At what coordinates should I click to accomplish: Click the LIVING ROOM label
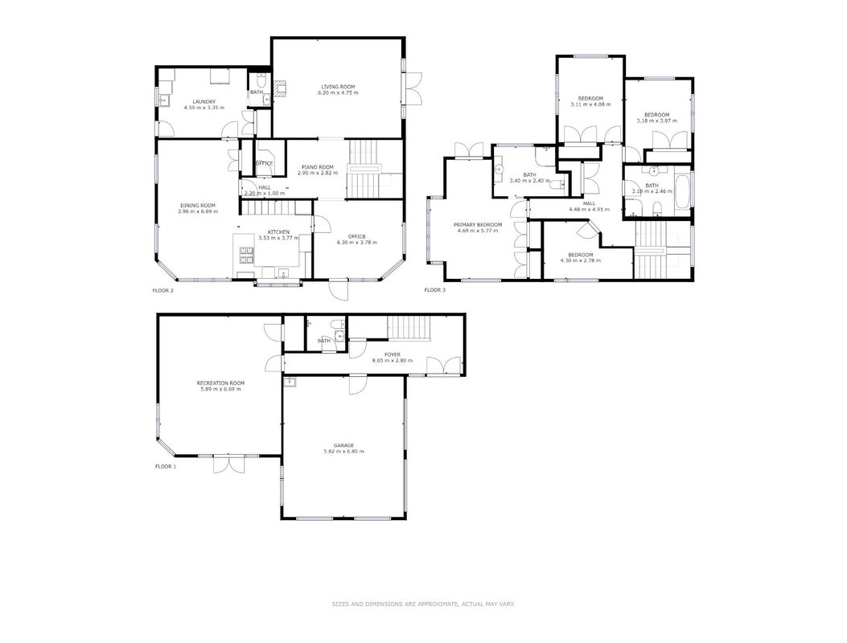pyautogui.click(x=338, y=87)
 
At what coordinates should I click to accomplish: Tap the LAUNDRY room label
pyautogui.click(x=204, y=101)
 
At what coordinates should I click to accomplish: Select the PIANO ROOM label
pyautogui.click(x=318, y=167)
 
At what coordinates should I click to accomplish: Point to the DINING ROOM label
pyautogui.click(x=198, y=205)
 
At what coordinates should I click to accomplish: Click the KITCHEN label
pyautogui.click(x=278, y=231)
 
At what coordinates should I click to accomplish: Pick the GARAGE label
pyautogui.click(x=343, y=445)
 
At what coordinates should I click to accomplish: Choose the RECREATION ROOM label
pyautogui.click(x=220, y=383)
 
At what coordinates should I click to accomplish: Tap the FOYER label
pyautogui.click(x=393, y=354)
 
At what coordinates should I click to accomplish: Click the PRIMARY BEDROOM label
pyautogui.click(x=478, y=224)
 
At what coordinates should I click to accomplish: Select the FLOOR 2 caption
pyautogui.click(x=162, y=290)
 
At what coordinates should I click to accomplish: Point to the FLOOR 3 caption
pyautogui.click(x=435, y=290)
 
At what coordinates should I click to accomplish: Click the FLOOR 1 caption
pyautogui.click(x=165, y=466)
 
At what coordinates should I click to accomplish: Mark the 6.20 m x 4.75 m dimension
pyautogui.click(x=338, y=93)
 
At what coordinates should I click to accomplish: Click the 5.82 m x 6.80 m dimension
pyautogui.click(x=343, y=452)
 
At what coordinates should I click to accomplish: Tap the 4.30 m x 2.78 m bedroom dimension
pyautogui.click(x=580, y=260)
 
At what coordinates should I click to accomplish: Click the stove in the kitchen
pyautogui.click(x=247, y=255)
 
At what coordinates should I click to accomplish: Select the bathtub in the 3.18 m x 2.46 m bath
pyautogui.click(x=682, y=191)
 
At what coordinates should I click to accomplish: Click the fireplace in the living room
pyautogui.click(x=280, y=89)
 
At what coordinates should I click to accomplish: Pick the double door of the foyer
pyautogui.click(x=443, y=366)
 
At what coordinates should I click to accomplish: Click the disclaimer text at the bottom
pyautogui.click(x=423, y=604)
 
